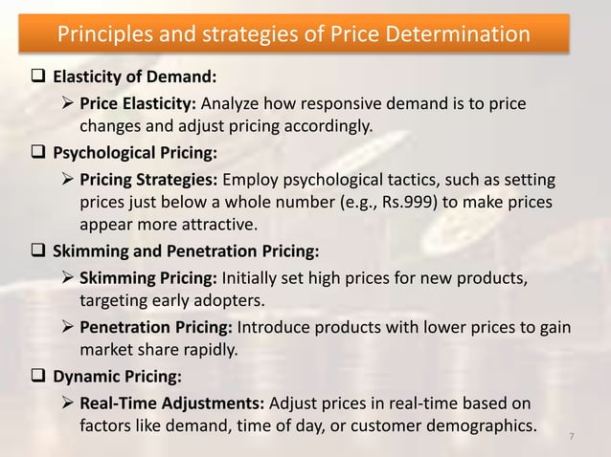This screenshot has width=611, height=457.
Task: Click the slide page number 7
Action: pyautogui.click(x=572, y=438)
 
